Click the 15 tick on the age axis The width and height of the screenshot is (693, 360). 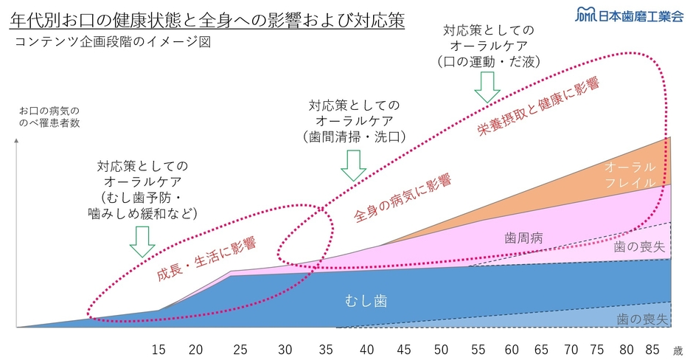159,349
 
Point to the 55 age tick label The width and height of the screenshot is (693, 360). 477,349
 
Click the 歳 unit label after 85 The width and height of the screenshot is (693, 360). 678,350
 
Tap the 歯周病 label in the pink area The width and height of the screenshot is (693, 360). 523,238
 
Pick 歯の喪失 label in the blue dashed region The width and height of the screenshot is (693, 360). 642,319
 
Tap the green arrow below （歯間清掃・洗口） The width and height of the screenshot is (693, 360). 353,165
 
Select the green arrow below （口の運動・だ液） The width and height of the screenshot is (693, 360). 487,88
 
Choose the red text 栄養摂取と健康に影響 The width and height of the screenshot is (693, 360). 537,107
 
